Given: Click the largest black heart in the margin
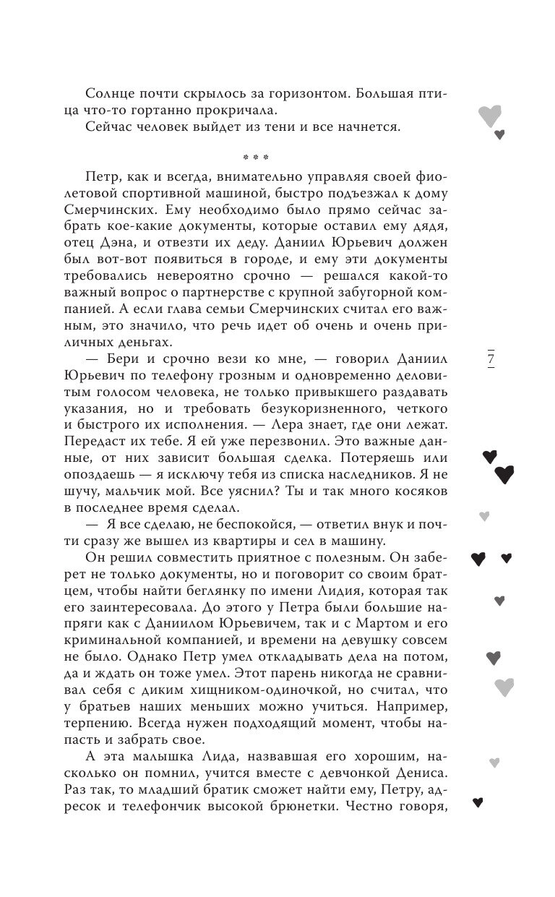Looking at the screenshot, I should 504,474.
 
